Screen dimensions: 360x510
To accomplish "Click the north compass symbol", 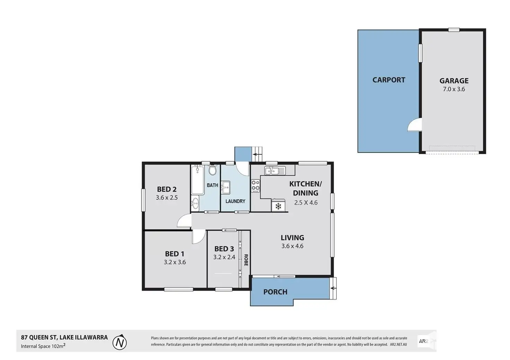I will click(x=120, y=342).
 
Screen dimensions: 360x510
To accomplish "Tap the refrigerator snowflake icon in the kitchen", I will click(x=278, y=206).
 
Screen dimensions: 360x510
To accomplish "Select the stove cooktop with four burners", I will click(x=255, y=186).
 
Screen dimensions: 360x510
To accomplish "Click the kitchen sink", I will click(x=274, y=170).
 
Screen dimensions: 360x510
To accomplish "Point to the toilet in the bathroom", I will click(x=212, y=170).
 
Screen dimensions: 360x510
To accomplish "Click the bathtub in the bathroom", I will click(x=197, y=180).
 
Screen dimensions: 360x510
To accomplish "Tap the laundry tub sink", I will click(x=226, y=188).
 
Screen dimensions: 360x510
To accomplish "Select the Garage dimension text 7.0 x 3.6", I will click(x=454, y=89).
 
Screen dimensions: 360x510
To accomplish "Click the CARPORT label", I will click(x=388, y=80).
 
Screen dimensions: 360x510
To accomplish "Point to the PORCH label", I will click(x=275, y=292).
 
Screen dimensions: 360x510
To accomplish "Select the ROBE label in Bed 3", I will click(x=246, y=260).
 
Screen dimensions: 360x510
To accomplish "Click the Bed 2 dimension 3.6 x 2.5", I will click(x=167, y=198).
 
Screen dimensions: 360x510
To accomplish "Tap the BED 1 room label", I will click(x=175, y=254).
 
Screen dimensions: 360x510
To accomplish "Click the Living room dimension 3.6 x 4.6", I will click(x=292, y=246).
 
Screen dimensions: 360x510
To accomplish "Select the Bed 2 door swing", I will click(x=184, y=221).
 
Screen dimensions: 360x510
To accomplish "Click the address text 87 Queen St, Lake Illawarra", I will click(x=64, y=337).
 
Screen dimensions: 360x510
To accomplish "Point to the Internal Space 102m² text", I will click(x=43, y=346).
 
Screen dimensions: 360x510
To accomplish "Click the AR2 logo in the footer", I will click(x=423, y=341).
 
